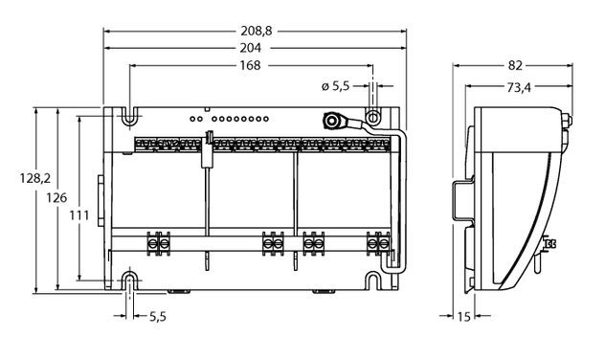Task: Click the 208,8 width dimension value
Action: [x=257, y=31]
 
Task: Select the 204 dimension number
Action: [x=251, y=48]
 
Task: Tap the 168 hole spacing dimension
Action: [x=250, y=65]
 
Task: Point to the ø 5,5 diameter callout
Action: [x=335, y=86]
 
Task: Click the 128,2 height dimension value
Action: [x=35, y=178]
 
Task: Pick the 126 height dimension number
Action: [x=56, y=197]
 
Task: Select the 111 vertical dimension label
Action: [x=79, y=214]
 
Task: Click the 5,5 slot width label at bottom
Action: [x=157, y=316]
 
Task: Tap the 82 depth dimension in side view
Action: [x=515, y=66]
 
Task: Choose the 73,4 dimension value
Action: [x=519, y=88]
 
